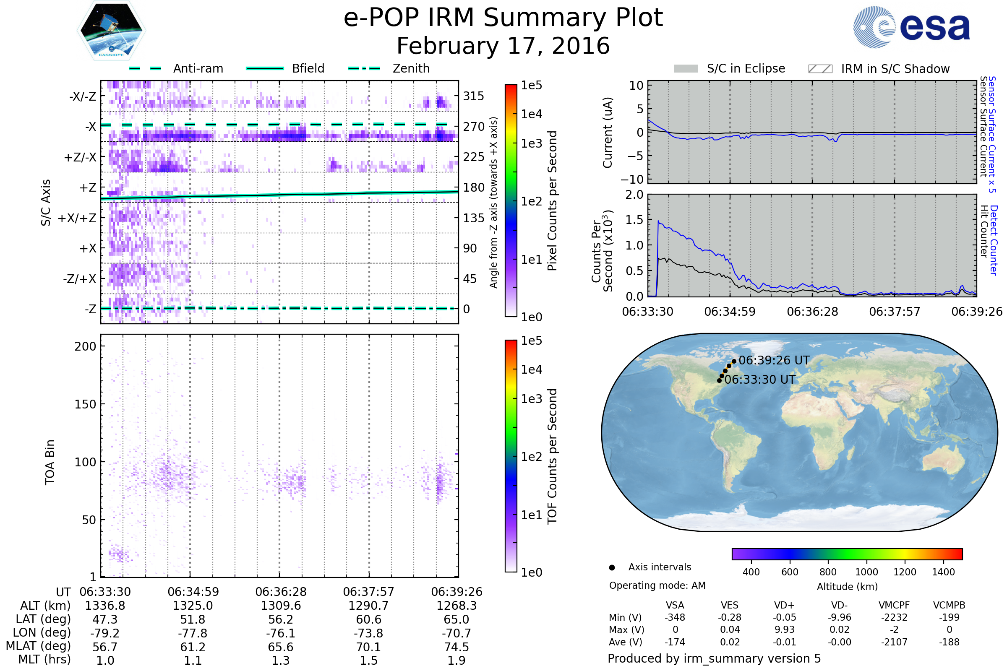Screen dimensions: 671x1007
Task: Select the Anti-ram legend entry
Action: tap(198, 68)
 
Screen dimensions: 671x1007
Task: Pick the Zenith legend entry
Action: tap(411, 68)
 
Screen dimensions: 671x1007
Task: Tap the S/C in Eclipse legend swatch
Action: tap(686, 69)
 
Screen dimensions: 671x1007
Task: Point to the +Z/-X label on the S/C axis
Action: tap(80, 158)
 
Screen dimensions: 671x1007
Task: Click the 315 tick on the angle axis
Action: tap(473, 96)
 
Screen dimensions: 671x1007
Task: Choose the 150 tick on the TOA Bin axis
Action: tap(85, 404)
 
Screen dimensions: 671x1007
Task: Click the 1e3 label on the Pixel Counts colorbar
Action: tap(531, 143)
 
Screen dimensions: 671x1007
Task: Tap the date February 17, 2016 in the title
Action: tap(503, 46)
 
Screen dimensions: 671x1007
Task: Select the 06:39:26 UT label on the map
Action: tap(774, 360)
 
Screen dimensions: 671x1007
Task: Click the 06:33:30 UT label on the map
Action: tap(759, 380)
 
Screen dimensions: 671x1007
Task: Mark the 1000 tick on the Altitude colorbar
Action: tap(866, 572)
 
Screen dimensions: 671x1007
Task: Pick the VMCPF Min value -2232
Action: tap(894, 617)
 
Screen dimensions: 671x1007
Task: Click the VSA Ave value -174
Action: tap(675, 642)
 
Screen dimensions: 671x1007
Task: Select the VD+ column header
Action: tap(784, 605)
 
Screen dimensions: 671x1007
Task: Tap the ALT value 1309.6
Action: tap(280, 606)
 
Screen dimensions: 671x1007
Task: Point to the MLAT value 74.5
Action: tap(457, 647)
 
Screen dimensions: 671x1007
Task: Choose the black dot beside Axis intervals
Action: tap(612, 567)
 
